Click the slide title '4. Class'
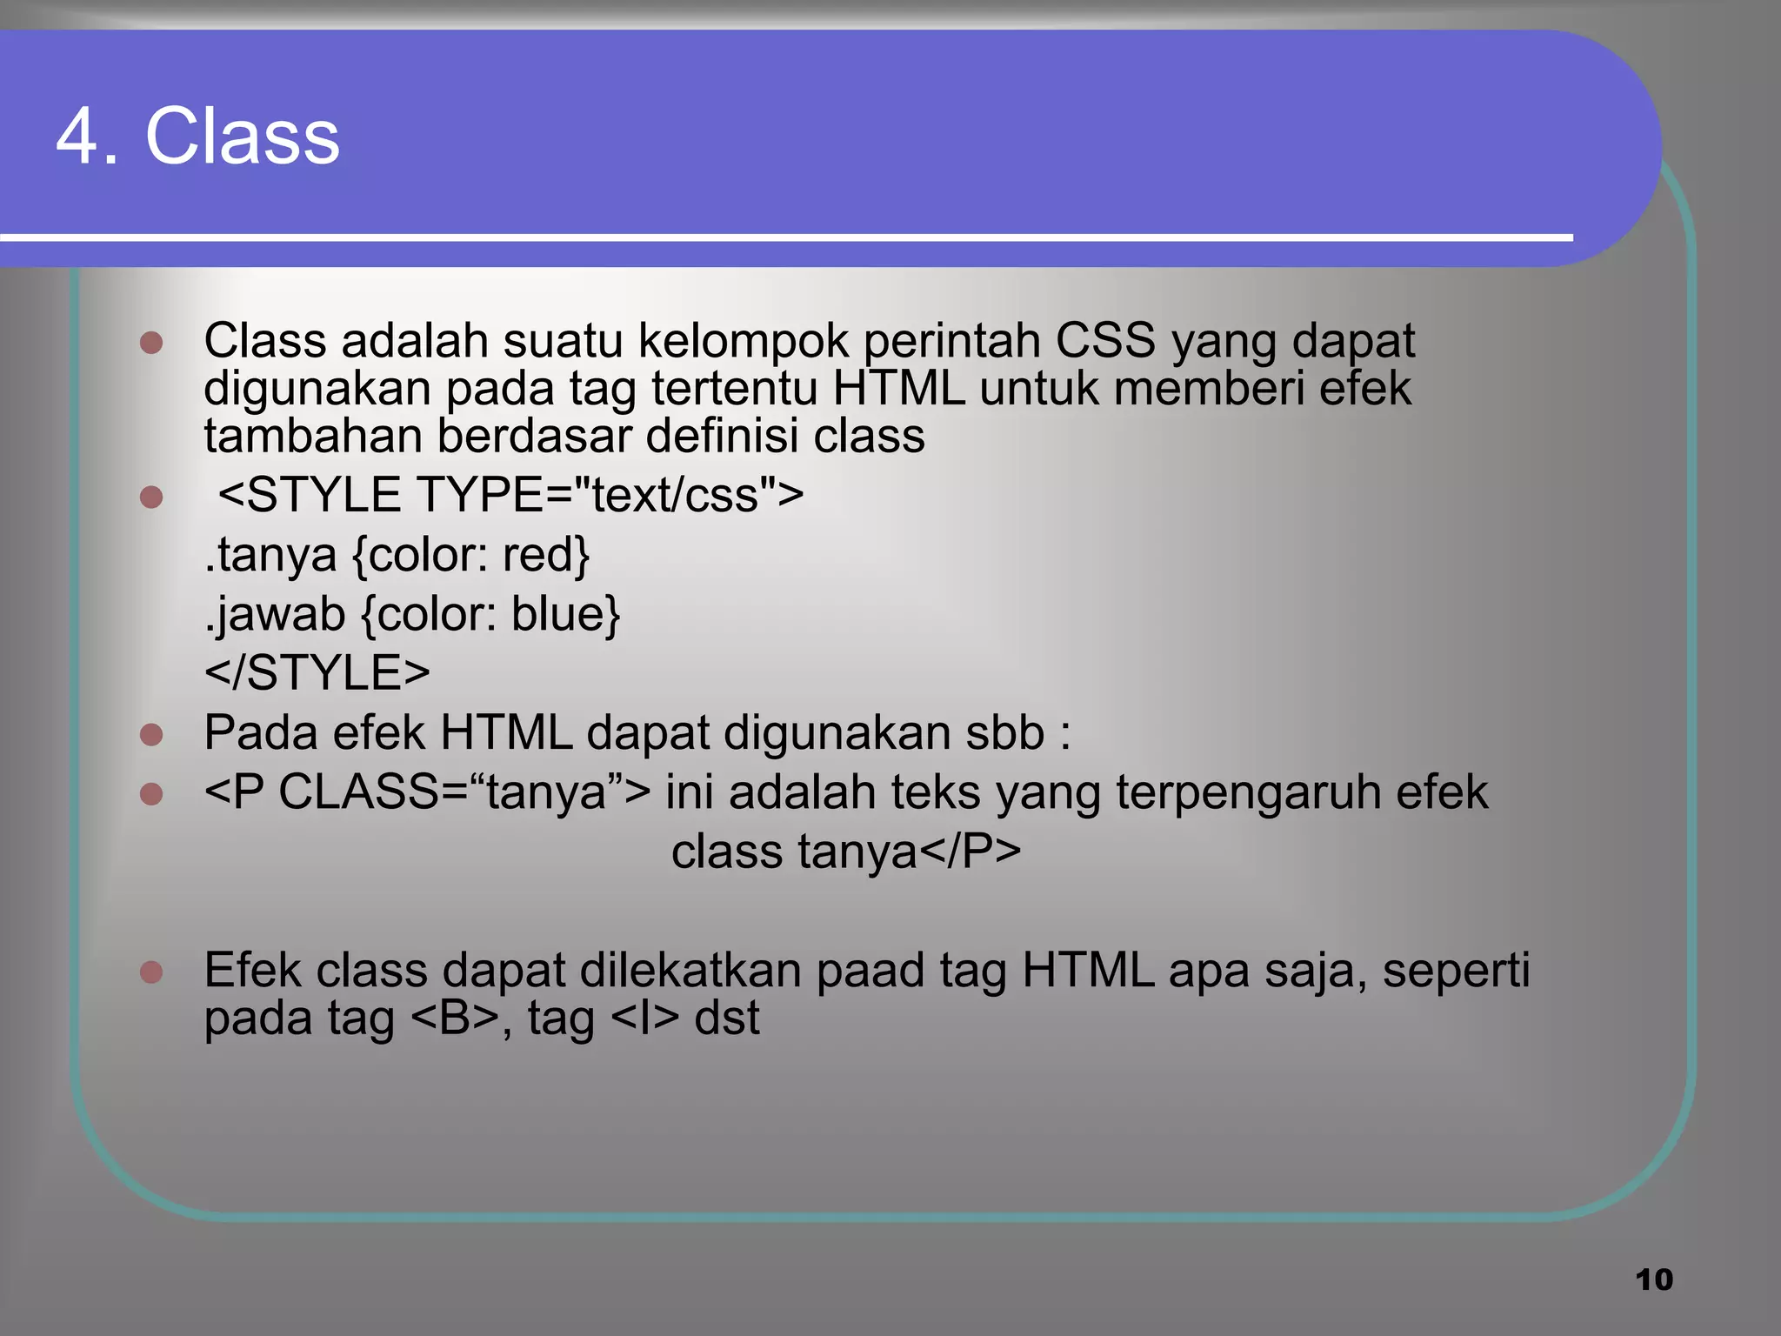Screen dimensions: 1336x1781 click(x=198, y=137)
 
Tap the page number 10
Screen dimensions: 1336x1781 click(x=1653, y=1279)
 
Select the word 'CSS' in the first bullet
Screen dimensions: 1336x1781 click(x=1105, y=341)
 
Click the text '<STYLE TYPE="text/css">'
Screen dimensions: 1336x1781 click(x=510, y=495)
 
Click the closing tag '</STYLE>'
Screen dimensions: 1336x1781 click(x=317, y=673)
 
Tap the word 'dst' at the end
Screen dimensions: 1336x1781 click(x=726, y=1018)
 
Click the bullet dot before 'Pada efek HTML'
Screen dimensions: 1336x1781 click(x=151, y=735)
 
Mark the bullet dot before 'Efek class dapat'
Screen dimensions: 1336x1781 click(x=151, y=972)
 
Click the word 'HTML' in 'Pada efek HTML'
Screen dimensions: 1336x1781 click(x=505, y=732)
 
